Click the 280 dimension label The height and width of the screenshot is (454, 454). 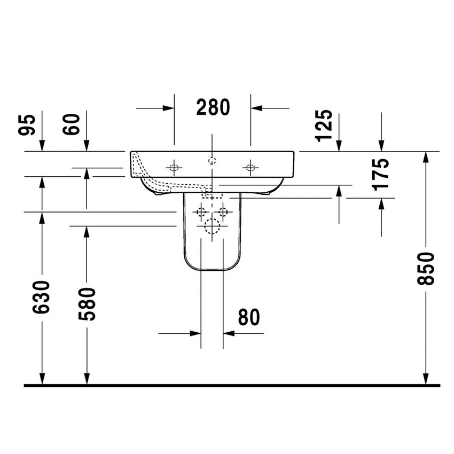click(x=213, y=107)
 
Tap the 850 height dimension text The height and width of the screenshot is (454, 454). click(x=426, y=269)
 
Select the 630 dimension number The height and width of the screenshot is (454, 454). click(x=41, y=297)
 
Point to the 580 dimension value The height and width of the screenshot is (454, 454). click(x=87, y=304)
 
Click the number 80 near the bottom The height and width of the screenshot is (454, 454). click(x=249, y=317)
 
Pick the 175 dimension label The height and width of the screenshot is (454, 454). click(x=381, y=175)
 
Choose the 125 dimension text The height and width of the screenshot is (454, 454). click(x=325, y=126)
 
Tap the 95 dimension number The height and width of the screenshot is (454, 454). click(x=27, y=125)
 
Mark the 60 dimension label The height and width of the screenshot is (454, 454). click(x=71, y=124)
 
